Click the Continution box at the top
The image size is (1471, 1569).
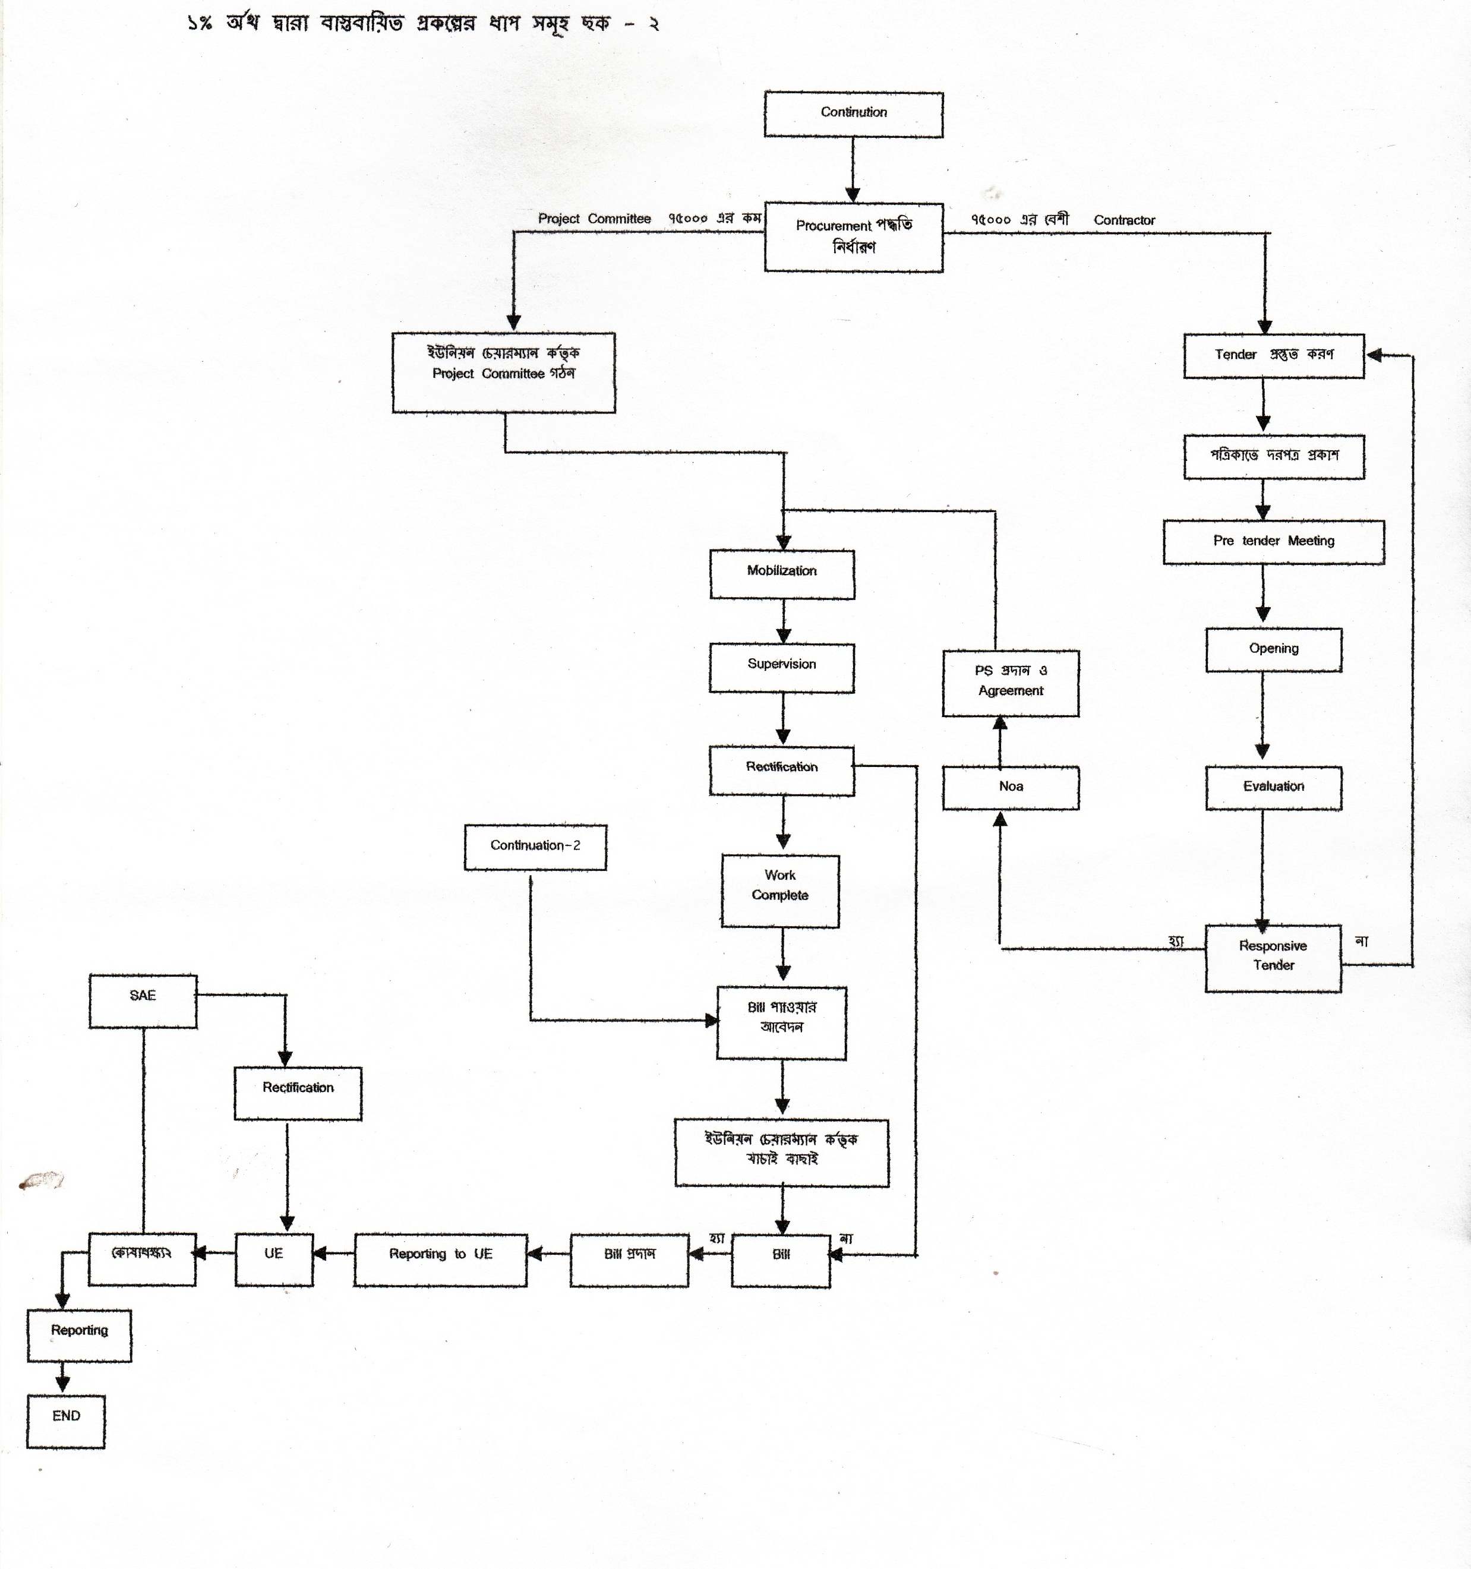pyautogui.click(x=853, y=115)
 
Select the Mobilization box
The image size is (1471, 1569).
pyautogui.click(x=781, y=574)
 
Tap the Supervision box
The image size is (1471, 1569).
pyautogui.click(x=781, y=668)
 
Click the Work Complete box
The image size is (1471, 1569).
pyautogui.click(x=779, y=891)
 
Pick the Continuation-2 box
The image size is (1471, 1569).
pyautogui.click(x=535, y=847)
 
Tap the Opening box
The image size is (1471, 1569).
pyautogui.click(x=1273, y=649)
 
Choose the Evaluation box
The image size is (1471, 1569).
pyautogui.click(x=1273, y=788)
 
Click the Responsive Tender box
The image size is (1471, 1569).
pyautogui.click(x=1273, y=957)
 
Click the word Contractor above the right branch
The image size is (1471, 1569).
pyautogui.click(x=1124, y=220)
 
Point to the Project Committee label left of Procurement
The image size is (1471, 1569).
pyautogui.click(x=594, y=219)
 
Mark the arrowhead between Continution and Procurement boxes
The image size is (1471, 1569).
pyautogui.click(x=853, y=194)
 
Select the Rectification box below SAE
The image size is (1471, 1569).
pyautogui.click(x=298, y=1093)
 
